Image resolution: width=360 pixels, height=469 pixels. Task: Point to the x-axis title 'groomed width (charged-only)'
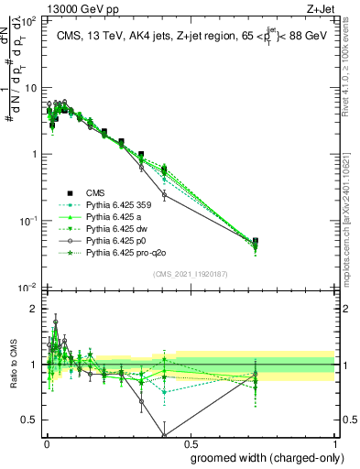[264, 456]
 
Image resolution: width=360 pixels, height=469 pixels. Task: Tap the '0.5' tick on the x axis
[191, 442]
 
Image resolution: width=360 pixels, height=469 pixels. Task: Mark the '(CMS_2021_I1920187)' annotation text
[191, 274]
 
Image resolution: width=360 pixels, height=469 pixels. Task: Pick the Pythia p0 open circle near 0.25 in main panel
[164, 195]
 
